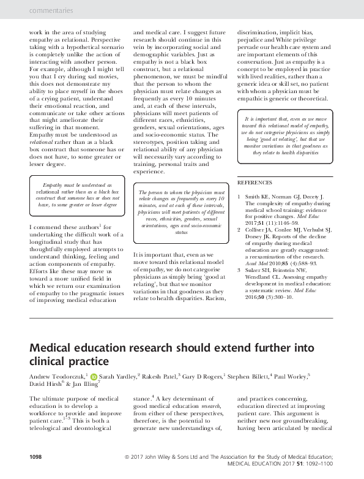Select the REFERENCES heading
256,183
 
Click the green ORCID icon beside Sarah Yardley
94,375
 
